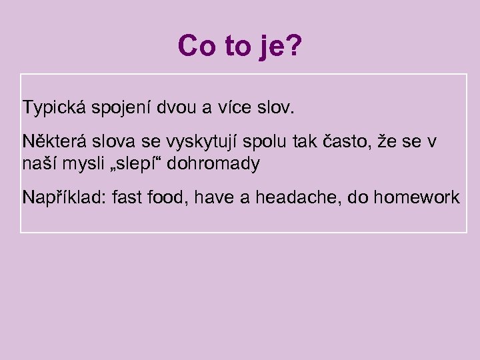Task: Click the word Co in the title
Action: (195, 45)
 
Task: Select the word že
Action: (387, 141)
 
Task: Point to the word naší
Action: (39, 163)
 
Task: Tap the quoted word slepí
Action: (141, 163)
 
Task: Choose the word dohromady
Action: (213, 163)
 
